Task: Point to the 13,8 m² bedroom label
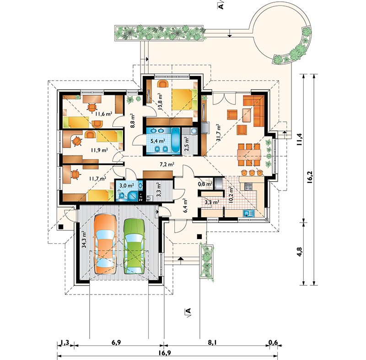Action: pyautogui.click(x=160, y=101)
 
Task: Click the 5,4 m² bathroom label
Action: pyautogui.click(x=158, y=141)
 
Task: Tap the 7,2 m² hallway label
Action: pyautogui.click(x=167, y=164)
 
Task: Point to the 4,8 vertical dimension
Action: pyautogui.click(x=300, y=252)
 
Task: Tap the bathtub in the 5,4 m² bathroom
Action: pyautogui.click(x=175, y=141)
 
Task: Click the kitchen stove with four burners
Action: pyautogui.click(x=248, y=186)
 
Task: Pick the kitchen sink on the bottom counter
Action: pyautogui.click(x=248, y=213)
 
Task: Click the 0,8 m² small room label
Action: pyautogui.click(x=205, y=184)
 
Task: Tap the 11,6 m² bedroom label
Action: pyautogui.click(x=104, y=114)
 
